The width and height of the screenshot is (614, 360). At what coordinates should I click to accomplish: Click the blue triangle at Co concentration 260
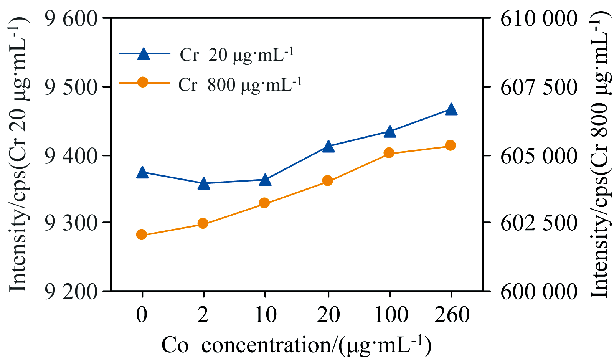coord(451,109)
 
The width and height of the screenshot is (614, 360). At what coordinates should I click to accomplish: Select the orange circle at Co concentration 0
coord(142,234)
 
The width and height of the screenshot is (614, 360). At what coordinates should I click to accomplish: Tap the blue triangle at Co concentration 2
coord(204,183)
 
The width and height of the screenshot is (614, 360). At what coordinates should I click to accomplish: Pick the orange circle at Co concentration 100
coord(389,153)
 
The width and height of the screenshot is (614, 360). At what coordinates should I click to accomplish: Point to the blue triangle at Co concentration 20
coord(328,146)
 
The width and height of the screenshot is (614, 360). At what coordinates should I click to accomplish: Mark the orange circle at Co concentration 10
coord(264,203)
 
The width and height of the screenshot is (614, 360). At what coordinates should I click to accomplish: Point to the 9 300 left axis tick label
coord(71,223)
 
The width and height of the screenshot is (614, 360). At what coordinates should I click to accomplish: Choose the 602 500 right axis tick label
coord(539,223)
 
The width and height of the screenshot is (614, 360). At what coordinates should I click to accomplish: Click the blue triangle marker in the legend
coord(144,53)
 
